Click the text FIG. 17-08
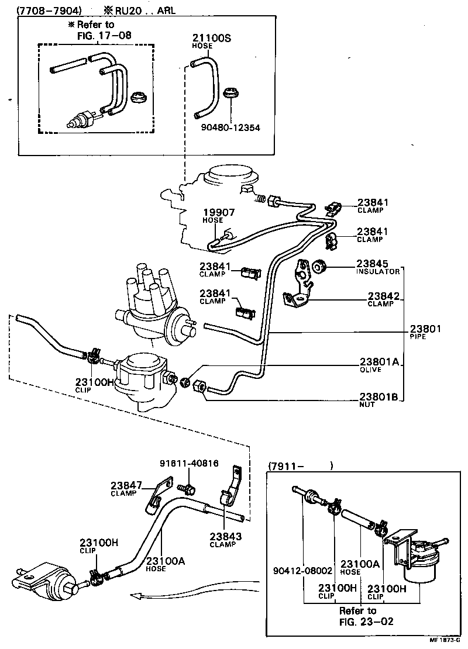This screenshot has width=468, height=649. click(x=104, y=35)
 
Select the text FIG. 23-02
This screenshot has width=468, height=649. click(x=366, y=621)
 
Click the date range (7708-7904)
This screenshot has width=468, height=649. click(x=49, y=10)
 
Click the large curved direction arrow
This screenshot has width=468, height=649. click(x=193, y=592)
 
